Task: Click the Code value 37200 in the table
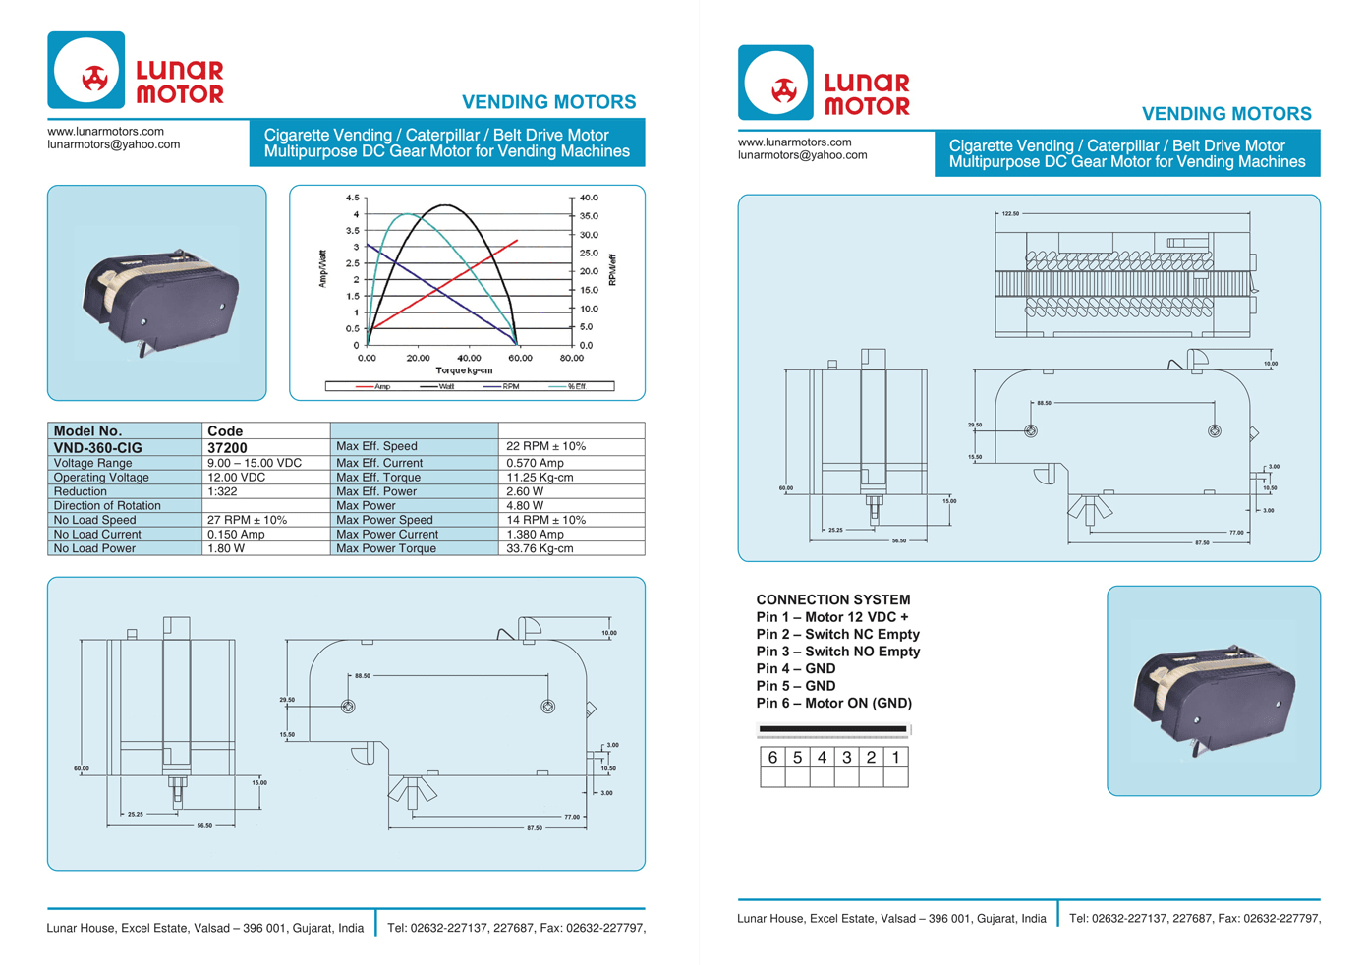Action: (x=227, y=447)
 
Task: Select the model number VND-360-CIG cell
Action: (x=98, y=447)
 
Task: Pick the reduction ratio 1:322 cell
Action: (x=222, y=491)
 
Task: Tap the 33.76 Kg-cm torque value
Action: (x=540, y=548)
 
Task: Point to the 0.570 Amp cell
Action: (x=535, y=463)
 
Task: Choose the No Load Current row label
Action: (x=97, y=535)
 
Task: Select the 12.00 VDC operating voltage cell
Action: (x=237, y=478)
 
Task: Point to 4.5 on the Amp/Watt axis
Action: (x=352, y=199)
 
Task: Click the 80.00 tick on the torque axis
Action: (x=571, y=358)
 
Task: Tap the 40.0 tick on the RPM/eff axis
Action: (x=588, y=199)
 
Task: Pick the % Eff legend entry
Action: (x=576, y=386)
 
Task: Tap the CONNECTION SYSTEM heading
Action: (x=833, y=599)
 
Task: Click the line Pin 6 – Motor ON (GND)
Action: (x=834, y=703)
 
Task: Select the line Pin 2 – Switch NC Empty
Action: (x=838, y=634)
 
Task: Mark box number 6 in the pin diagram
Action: (x=772, y=758)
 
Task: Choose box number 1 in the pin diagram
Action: (x=895, y=758)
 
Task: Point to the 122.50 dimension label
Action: (x=1010, y=213)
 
